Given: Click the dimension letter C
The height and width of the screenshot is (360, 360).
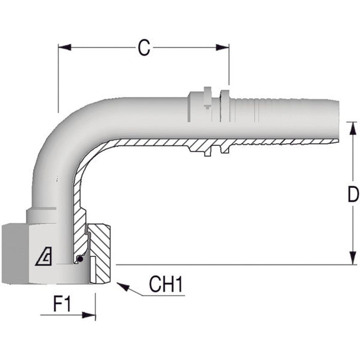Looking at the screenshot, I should pos(144,48).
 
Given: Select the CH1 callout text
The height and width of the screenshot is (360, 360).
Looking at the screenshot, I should pos(166,285).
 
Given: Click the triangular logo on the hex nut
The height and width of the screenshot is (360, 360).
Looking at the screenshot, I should pos(44,257).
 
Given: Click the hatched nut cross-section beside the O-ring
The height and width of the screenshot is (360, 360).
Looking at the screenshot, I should pos(101,253).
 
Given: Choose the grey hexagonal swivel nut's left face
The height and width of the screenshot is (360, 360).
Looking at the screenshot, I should pos(13,253).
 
